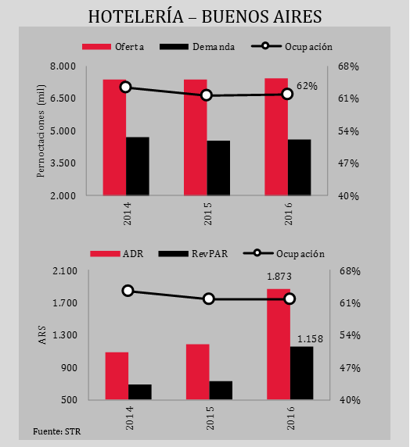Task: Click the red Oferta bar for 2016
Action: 276,137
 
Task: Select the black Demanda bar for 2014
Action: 138,166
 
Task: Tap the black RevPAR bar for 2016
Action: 301,373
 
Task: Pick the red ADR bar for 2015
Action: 198,372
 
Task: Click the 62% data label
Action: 307,86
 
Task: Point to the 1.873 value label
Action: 279,277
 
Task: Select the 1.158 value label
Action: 311,339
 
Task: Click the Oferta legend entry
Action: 113,47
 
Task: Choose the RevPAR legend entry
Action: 193,254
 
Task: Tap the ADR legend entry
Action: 117,254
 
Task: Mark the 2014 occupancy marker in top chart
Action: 126,88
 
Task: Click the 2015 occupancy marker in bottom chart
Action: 209,299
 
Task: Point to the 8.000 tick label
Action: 63,66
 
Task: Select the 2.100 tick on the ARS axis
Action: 65,271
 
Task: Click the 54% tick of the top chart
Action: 348,131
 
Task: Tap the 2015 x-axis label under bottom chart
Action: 210,418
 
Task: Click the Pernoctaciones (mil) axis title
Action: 41,131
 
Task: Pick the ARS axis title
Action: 42,335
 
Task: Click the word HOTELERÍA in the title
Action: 136,16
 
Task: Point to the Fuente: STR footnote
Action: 57,431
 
